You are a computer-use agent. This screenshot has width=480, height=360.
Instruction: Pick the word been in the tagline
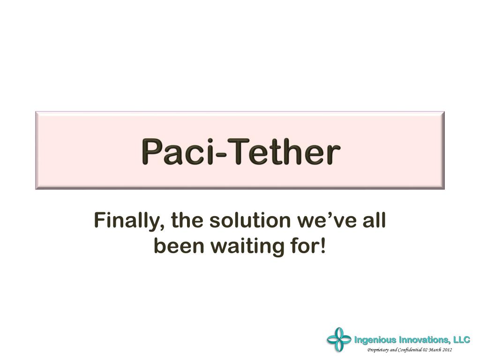[179, 246]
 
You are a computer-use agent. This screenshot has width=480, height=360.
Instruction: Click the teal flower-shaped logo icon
[338, 339]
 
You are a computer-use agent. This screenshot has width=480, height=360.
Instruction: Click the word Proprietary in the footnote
[377, 350]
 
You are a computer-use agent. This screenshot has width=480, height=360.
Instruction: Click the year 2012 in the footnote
[447, 350]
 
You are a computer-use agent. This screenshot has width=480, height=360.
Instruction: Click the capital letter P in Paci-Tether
[150, 152]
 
